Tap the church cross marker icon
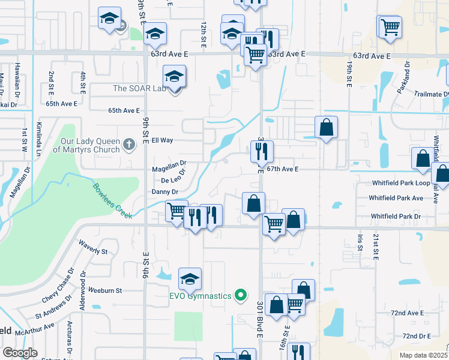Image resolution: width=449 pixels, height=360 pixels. point(129,145)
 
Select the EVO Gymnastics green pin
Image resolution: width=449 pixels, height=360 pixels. point(241,295)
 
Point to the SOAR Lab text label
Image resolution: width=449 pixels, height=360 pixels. point(139,88)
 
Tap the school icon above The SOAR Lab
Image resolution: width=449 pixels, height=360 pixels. point(174,77)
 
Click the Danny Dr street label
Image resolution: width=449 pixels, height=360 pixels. point(166,192)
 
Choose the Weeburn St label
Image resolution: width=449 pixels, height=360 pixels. point(105,290)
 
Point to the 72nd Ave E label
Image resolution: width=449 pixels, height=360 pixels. point(407,313)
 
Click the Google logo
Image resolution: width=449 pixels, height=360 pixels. point(20,353)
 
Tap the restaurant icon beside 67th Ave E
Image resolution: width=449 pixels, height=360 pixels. point(262,152)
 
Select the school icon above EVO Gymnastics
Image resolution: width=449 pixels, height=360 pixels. point(190,279)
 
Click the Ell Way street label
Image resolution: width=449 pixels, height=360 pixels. point(162,140)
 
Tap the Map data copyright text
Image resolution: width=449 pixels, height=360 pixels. point(424,355)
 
